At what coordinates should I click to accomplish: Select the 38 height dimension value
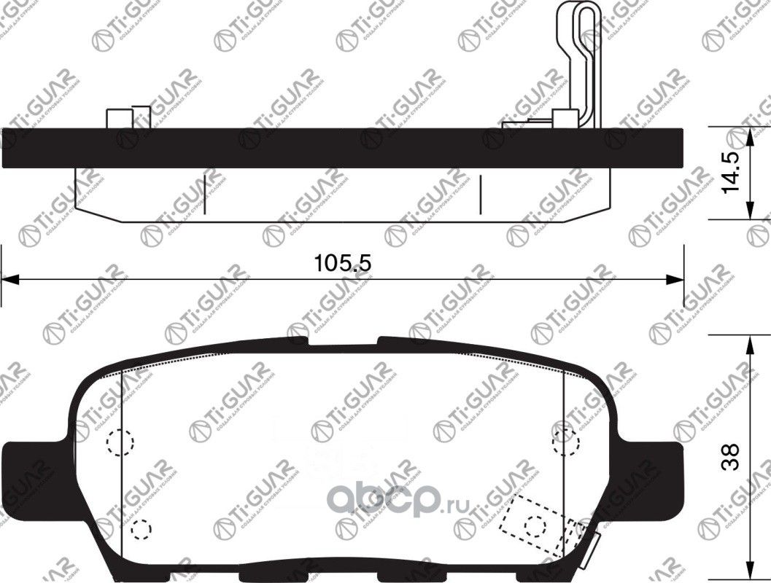(x=732, y=457)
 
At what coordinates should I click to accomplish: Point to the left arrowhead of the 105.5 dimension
(x=9, y=279)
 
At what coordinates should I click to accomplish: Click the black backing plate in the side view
(x=343, y=148)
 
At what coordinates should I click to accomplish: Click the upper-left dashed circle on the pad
(x=120, y=442)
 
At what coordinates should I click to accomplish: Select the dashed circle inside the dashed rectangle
(x=536, y=524)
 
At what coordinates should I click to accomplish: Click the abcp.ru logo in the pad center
(x=398, y=498)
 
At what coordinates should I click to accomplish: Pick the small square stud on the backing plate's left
(x=117, y=119)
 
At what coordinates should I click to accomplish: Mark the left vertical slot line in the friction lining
(x=205, y=190)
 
